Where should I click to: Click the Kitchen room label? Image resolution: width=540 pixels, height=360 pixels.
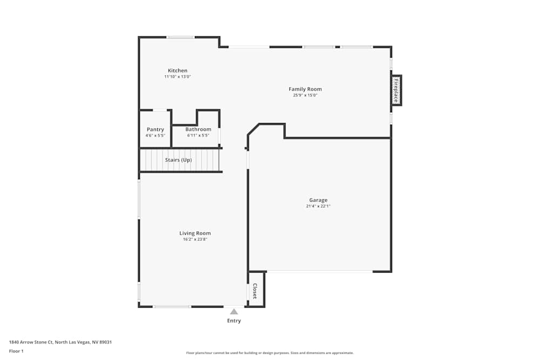178,71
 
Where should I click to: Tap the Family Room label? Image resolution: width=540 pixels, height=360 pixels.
305,89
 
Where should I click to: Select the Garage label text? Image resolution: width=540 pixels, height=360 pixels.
318,200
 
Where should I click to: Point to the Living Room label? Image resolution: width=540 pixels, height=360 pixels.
195,233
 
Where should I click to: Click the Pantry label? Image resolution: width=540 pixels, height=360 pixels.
156,130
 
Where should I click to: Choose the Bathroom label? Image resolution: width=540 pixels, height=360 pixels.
198,130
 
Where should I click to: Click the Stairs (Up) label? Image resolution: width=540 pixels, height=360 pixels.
178,160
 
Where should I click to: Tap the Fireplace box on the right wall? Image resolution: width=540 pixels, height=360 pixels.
396,91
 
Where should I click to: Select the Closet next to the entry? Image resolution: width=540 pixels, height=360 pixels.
255,291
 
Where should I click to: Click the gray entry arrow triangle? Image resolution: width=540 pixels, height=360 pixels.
234,311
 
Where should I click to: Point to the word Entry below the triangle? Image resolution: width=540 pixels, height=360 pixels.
234,321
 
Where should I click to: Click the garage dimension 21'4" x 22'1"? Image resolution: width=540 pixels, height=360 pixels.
318,206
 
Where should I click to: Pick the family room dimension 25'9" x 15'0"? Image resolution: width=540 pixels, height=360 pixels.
305,96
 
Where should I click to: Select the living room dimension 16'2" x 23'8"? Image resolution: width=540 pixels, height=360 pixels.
195,239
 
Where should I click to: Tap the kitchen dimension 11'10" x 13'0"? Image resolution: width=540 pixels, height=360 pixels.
178,77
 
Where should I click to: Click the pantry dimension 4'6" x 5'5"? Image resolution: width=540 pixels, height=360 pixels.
156,135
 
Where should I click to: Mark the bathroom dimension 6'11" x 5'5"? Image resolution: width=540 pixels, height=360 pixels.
198,135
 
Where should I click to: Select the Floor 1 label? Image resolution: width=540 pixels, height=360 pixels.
17,351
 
